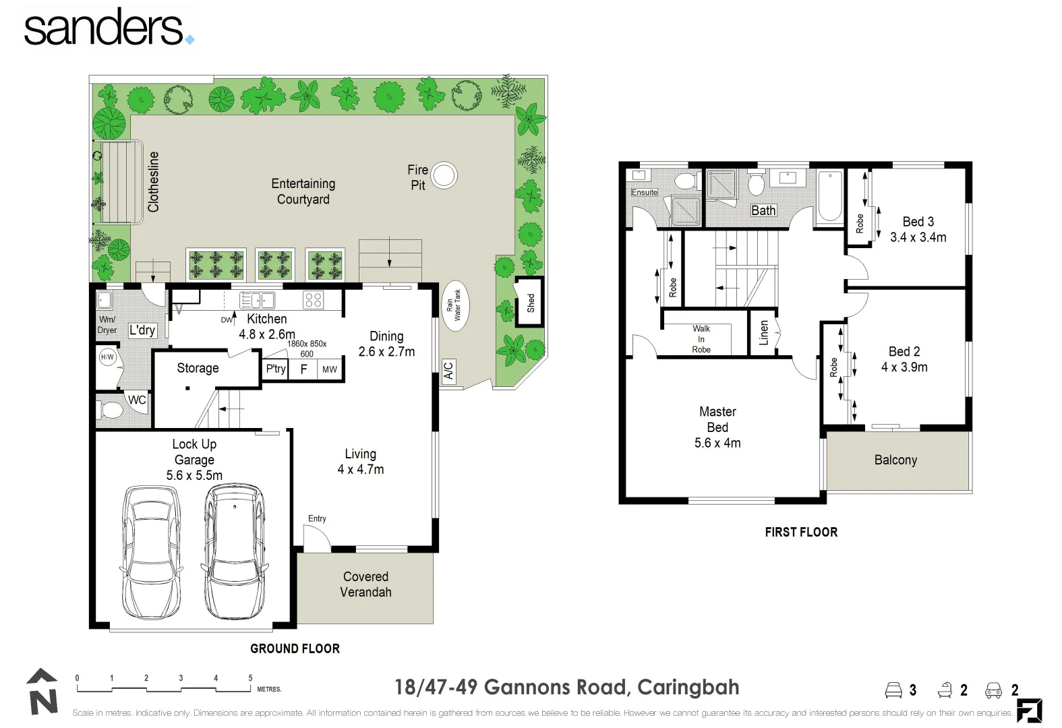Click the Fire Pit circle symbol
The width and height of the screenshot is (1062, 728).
coord(443,175)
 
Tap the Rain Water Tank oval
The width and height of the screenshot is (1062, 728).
coord(453,305)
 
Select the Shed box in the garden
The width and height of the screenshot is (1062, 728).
coord(530,302)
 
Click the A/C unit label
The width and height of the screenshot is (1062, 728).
coord(448,370)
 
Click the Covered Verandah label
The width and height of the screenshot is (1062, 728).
coord(365,584)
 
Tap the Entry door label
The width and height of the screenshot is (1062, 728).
coord(317,518)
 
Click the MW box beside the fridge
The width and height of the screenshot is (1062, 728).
coord(330,369)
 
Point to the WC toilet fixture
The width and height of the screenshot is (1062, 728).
coord(108,409)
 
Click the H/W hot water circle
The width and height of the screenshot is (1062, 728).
coord(107,357)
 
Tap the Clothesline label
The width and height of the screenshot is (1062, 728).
coord(154,182)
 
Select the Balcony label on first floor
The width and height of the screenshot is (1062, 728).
coord(895,460)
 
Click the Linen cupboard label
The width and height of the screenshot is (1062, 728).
coord(763,332)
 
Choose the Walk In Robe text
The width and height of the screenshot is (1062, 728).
coord(701,339)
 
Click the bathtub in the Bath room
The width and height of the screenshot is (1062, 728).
coord(829,197)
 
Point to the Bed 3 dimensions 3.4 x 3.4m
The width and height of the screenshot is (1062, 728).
coord(918,237)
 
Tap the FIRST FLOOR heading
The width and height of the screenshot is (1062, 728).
coord(801,532)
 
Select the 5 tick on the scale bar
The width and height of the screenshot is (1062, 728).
coord(250,679)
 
